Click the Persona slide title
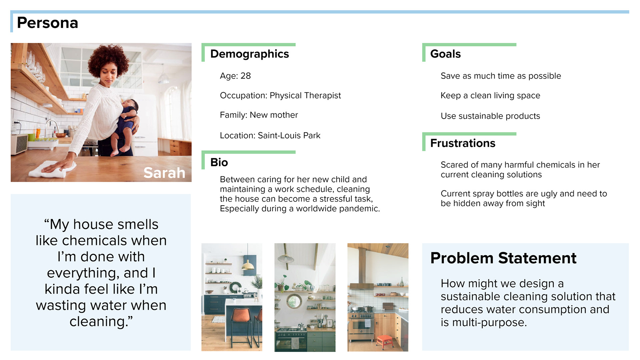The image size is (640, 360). tap(47, 23)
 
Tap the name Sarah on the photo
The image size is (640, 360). tap(164, 173)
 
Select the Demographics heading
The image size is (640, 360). tap(250, 54)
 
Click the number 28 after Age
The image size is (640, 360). tap(246, 76)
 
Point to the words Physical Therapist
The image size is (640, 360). tap(305, 96)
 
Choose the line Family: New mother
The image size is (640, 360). tap(259, 115)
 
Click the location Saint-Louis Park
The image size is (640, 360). tap(289, 135)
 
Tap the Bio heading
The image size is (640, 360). tap(219, 162)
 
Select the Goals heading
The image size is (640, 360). tap(445, 54)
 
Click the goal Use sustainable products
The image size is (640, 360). tap(490, 116)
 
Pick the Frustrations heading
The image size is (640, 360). tap(463, 143)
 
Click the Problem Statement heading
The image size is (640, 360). tap(503, 258)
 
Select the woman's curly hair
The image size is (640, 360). tap(108, 58)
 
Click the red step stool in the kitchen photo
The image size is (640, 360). tap(384, 342)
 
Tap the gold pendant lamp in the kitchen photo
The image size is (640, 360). tap(248, 266)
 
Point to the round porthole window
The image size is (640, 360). tap(294, 301)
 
